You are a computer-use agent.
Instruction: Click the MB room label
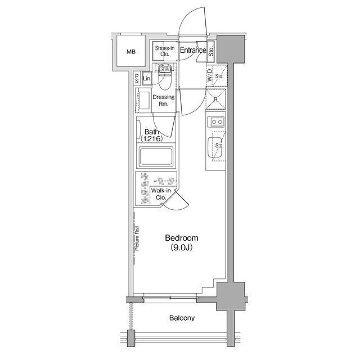(x=131, y=52)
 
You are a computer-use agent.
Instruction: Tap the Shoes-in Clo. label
(x=165, y=51)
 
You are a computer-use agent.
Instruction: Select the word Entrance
(x=193, y=50)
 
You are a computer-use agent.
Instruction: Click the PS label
(x=137, y=79)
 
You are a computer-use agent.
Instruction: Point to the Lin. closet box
(x=147, y=78)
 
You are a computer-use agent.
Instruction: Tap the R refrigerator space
(x=215, y=100)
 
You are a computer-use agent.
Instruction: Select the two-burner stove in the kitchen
(x=216, y=121)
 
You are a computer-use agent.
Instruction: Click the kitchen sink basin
(x=215, y=147)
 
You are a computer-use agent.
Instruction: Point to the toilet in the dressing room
(x=165, y=77)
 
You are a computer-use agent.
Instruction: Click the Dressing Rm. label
(x=164, y=100)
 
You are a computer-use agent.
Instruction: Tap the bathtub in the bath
(x=156, y=157)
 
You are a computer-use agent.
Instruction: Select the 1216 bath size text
(x=152, y=138)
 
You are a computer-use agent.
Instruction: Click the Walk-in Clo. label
(x=161, y=194)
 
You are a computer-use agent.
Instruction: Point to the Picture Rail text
(x=137, y=238)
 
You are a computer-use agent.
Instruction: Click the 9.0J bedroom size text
(x=181, y=247)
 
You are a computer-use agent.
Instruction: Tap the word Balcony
(x=182, y=318)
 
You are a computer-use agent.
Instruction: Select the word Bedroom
(x=182, y=238)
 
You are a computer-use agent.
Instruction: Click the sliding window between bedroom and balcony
(x=170, y=298)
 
